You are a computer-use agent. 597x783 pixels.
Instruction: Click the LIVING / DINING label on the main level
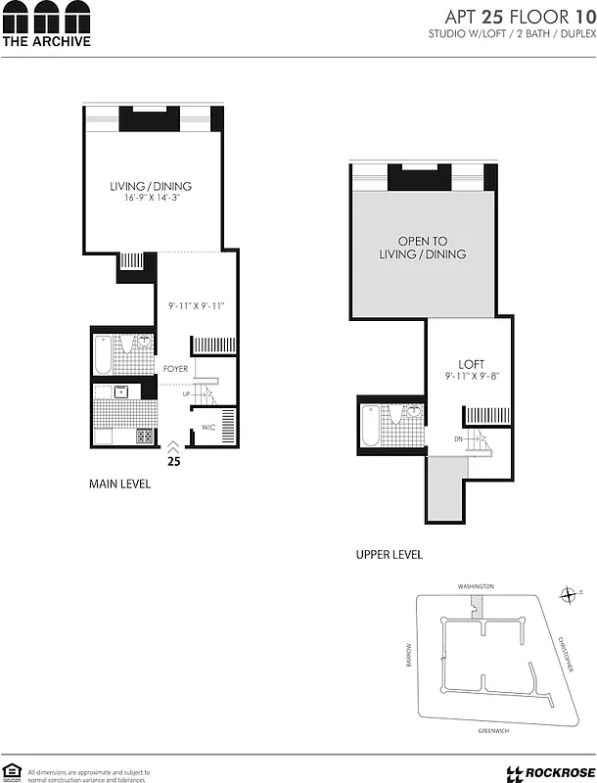(x=150, y=186)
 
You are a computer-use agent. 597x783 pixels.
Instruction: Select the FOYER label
(x=175, y=369)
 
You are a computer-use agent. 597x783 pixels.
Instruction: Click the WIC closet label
(x=207, y=428)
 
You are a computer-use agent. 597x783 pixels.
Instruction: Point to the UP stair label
(x=185, y=393)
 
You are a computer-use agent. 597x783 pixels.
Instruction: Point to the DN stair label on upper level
(x=457, y=439)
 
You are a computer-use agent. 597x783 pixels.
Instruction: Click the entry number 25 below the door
(x=174, y=459)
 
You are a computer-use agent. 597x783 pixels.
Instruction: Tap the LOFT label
(x=472, y=364)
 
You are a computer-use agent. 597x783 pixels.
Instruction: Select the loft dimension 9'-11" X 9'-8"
(x=472, y=377)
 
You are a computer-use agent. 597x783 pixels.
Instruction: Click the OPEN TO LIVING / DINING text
(x=422, y=248)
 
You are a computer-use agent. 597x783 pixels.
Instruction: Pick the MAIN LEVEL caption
(x=119, y=484)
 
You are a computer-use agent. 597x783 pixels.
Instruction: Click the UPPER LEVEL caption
(x=389, y=555)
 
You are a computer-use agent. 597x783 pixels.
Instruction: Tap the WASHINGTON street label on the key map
(x=476, y=586)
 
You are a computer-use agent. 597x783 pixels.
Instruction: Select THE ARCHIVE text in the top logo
(x=46, y=41)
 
